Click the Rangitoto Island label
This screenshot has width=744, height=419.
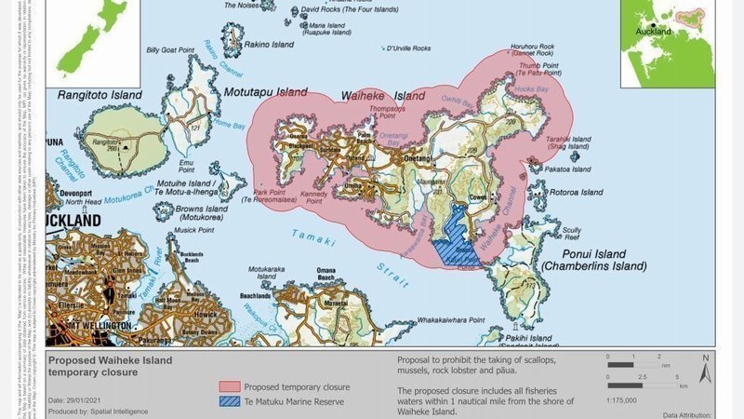tap(100, 95)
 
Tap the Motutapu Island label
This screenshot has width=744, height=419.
tap(265, 92)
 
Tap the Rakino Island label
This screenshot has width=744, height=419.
tap(270, 44)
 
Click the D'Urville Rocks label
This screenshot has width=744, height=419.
tap(408, 47)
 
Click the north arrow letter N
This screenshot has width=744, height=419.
tap(706, 358)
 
